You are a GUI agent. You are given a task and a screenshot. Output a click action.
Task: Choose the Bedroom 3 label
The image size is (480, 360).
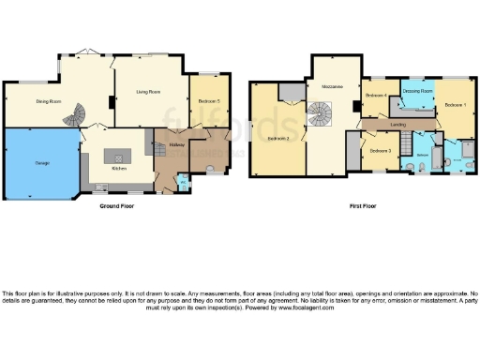(379, 150)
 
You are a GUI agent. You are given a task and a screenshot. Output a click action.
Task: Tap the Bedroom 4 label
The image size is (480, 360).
(377, 96)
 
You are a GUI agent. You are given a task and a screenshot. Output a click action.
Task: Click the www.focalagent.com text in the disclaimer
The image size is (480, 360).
(292, 306)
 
